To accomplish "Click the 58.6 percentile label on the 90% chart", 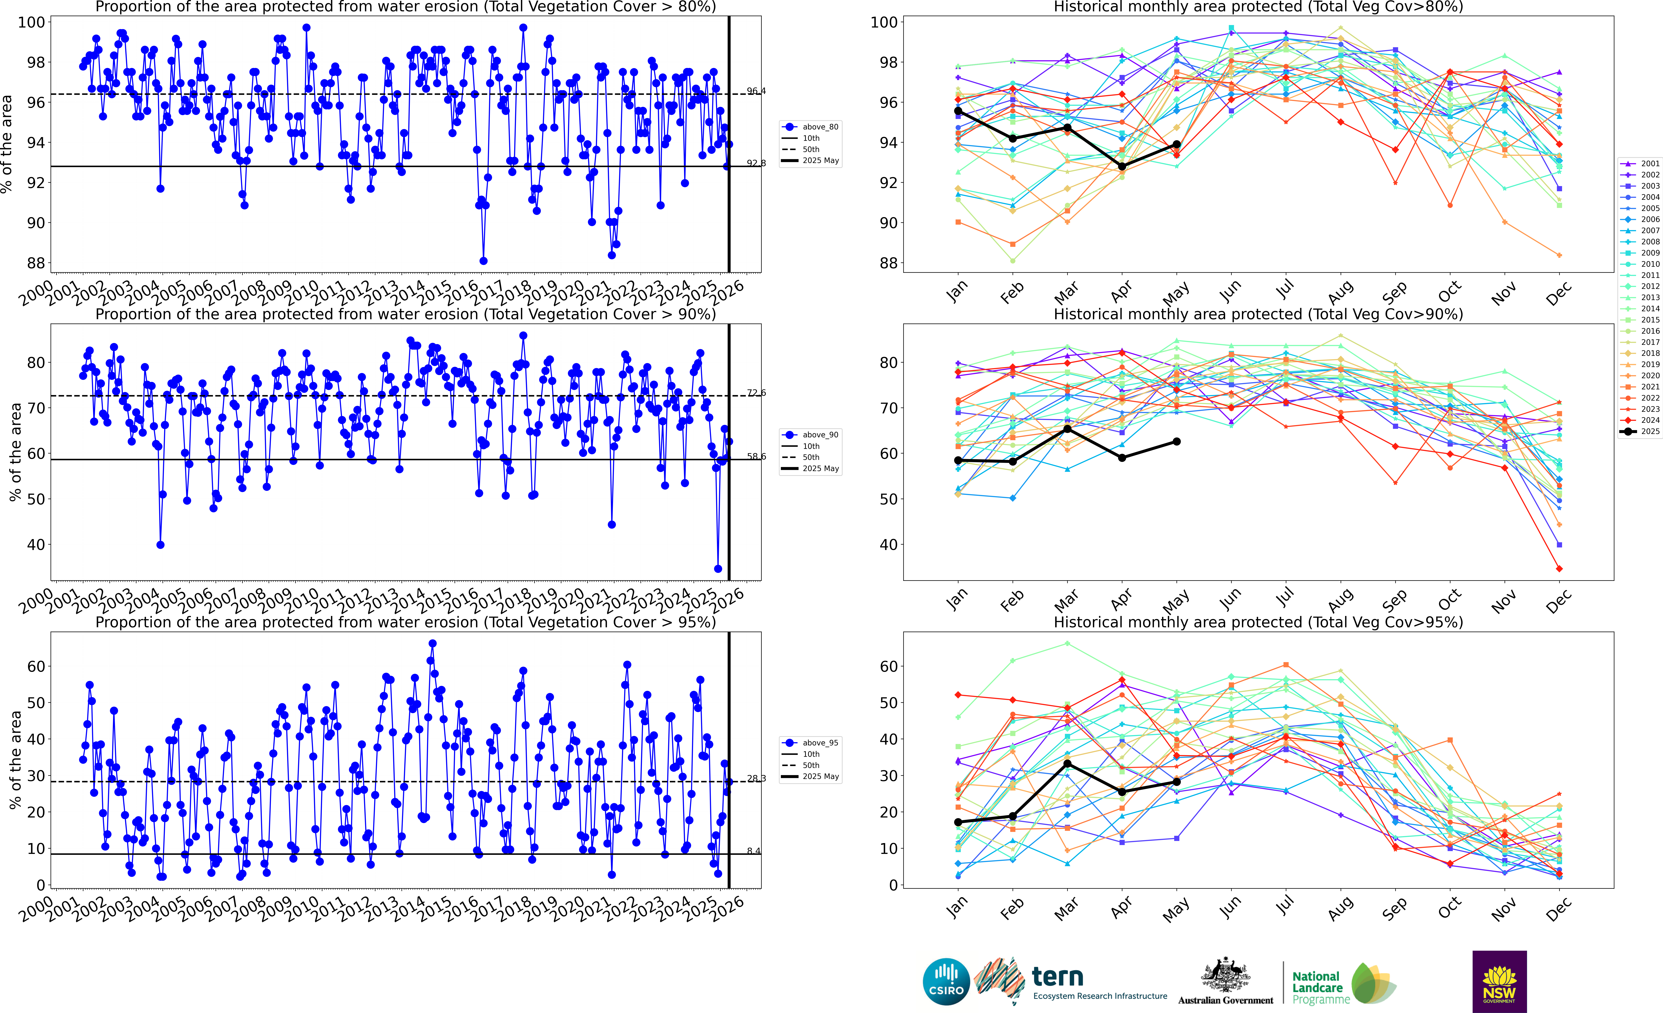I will point(756,457).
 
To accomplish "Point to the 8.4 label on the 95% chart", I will point(753,851).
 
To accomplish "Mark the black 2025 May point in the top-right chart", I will point(1176,145).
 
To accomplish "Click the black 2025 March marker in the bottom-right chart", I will point(1067,763).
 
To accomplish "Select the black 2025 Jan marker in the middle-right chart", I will point(958,461).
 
